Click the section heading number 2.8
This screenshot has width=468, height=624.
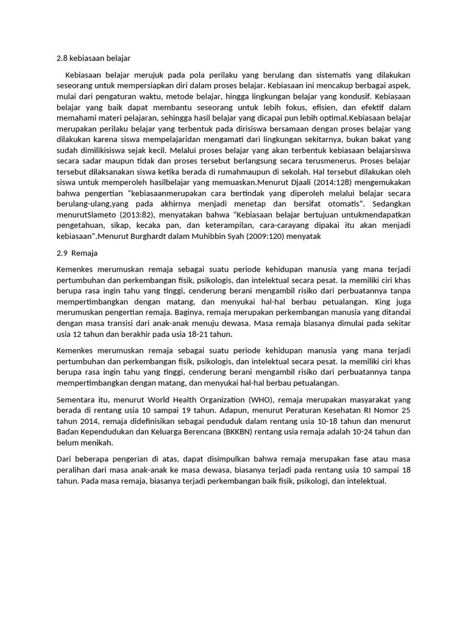tap(62, 58)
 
